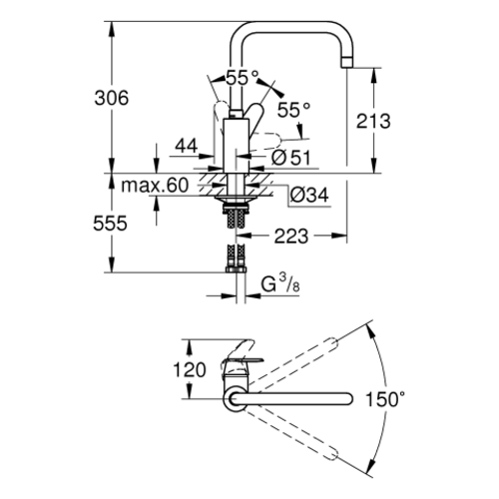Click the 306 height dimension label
pyautogui.click(x=112, y=98)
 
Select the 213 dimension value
pyautogui.click(x=373, y=121)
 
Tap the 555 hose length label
pyautogui.click(x=110, y=224)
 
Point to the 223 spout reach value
pyautogui.click(x=291, y=237)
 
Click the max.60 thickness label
pyautogui.click(x=155, y=185)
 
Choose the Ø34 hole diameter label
pyautogui.click(x=309, y=195)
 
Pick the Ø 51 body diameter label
pyautogui.click(x=290, y=158)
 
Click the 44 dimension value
pyautogui.click(x=187, y=146)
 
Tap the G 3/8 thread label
pyautogui.click(x=280, y=284)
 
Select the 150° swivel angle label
pyautogui.click(x=385, y=399)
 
